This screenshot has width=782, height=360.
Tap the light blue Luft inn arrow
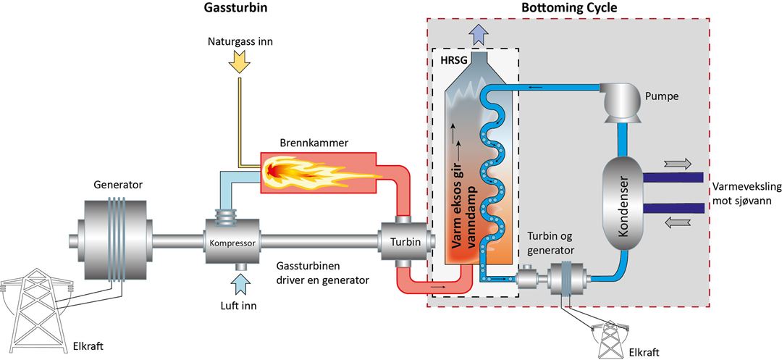click(x=241, y=285)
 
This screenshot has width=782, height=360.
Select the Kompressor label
click(x=233, y=244)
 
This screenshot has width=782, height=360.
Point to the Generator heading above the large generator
click(x=118, y=185)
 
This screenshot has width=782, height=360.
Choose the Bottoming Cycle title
click(x=568, y=8)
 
